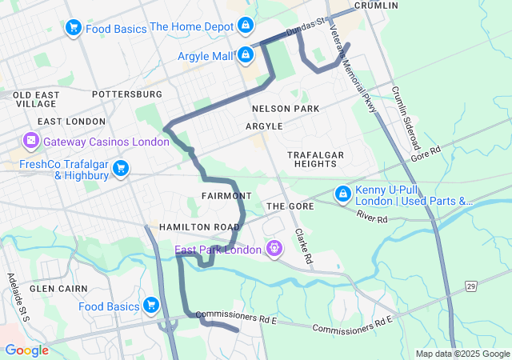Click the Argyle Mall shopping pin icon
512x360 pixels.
246,55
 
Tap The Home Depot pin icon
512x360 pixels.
245,26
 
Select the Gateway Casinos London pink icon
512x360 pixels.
32,142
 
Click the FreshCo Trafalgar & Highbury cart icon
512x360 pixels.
121,168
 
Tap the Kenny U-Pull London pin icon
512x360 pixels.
342,194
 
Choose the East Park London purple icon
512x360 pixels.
274,250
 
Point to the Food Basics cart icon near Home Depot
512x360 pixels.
74,28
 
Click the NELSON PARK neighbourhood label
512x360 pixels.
285,109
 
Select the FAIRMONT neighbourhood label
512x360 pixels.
227,196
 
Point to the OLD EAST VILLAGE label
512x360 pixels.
35,99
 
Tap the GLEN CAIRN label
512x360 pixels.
52,288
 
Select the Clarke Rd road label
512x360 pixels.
302,247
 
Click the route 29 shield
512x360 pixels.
471,286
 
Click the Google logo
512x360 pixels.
26,350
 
